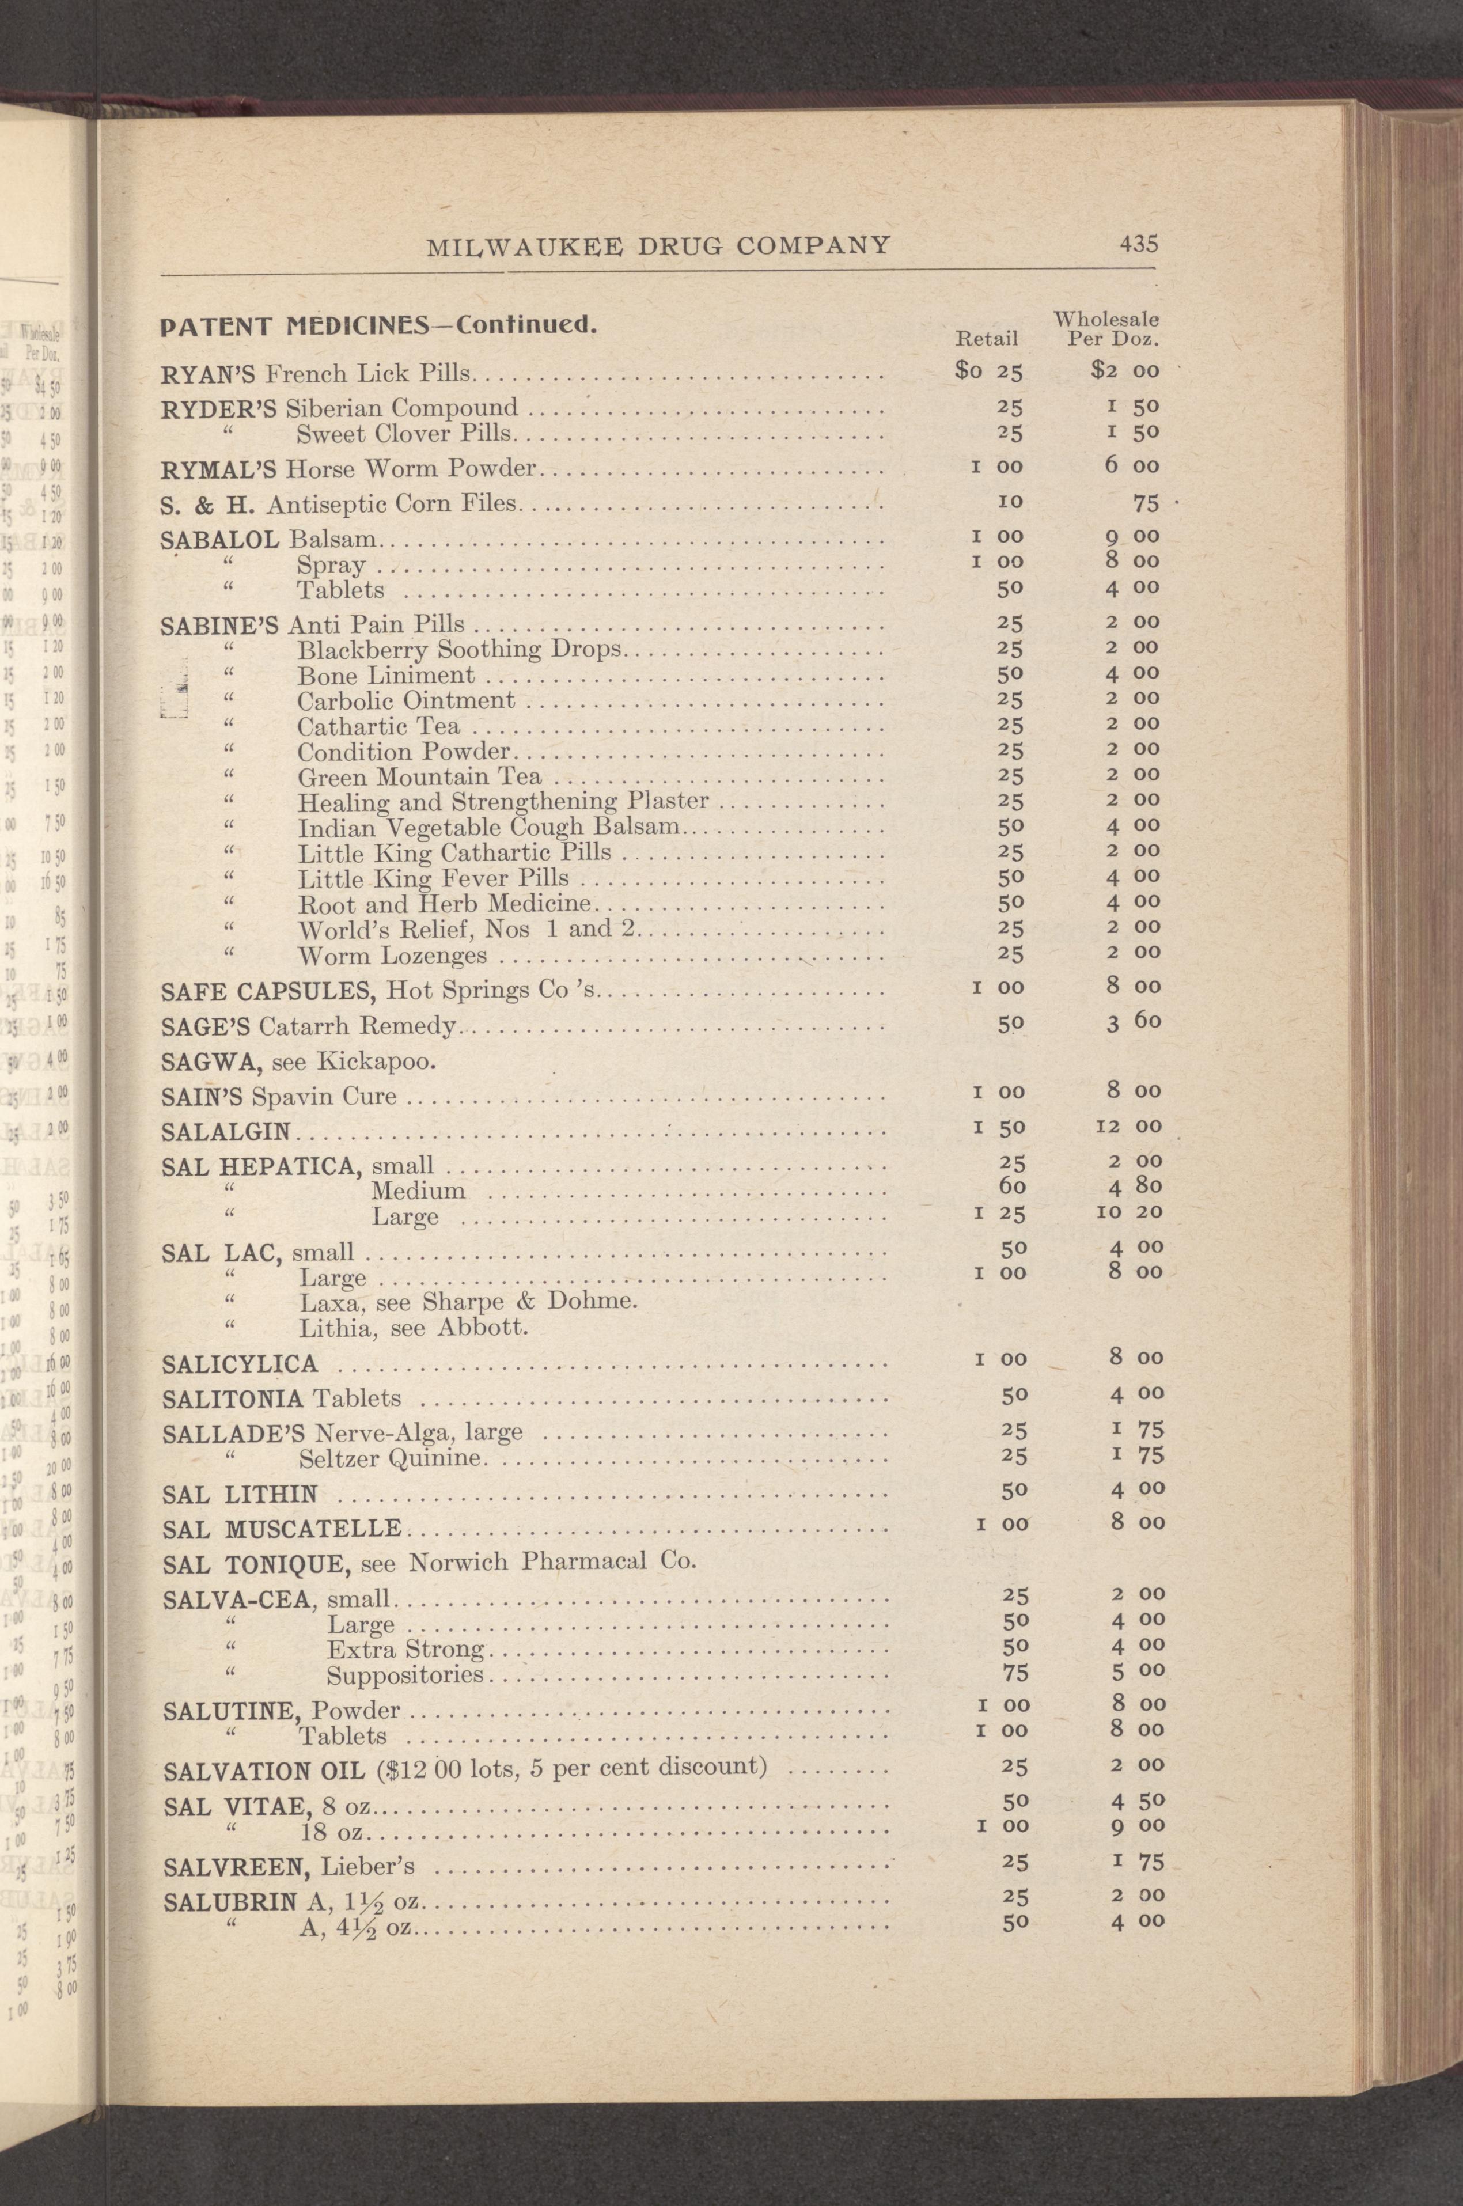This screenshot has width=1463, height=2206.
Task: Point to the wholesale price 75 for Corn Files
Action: coord(1146,504)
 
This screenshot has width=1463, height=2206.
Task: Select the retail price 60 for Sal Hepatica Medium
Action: coord(1013,1187)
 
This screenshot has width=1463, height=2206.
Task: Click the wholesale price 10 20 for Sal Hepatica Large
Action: coord(1135,1212)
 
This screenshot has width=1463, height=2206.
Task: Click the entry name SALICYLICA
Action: coord(240,1364)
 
